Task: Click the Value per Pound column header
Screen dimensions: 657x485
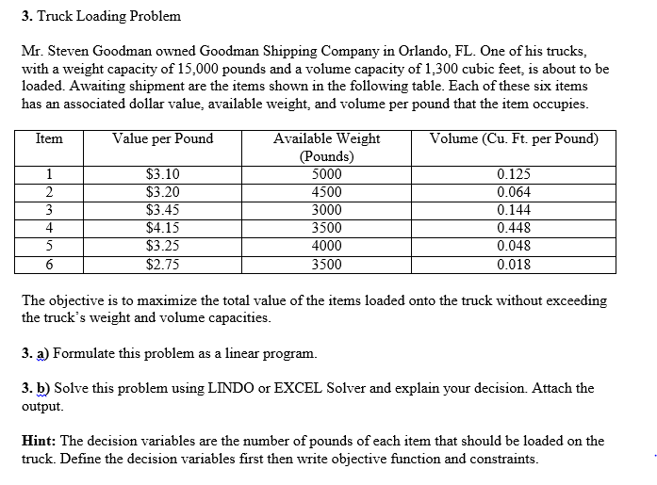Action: click(x=162, y=138)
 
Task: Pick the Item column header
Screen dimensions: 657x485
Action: click(x=49, y=138)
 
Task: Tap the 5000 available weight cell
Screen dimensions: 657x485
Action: click(x=326, y=174)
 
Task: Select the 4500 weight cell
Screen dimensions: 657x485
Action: click(x=326, y=192)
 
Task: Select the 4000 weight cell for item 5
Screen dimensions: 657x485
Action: click(x=326, y=246)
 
